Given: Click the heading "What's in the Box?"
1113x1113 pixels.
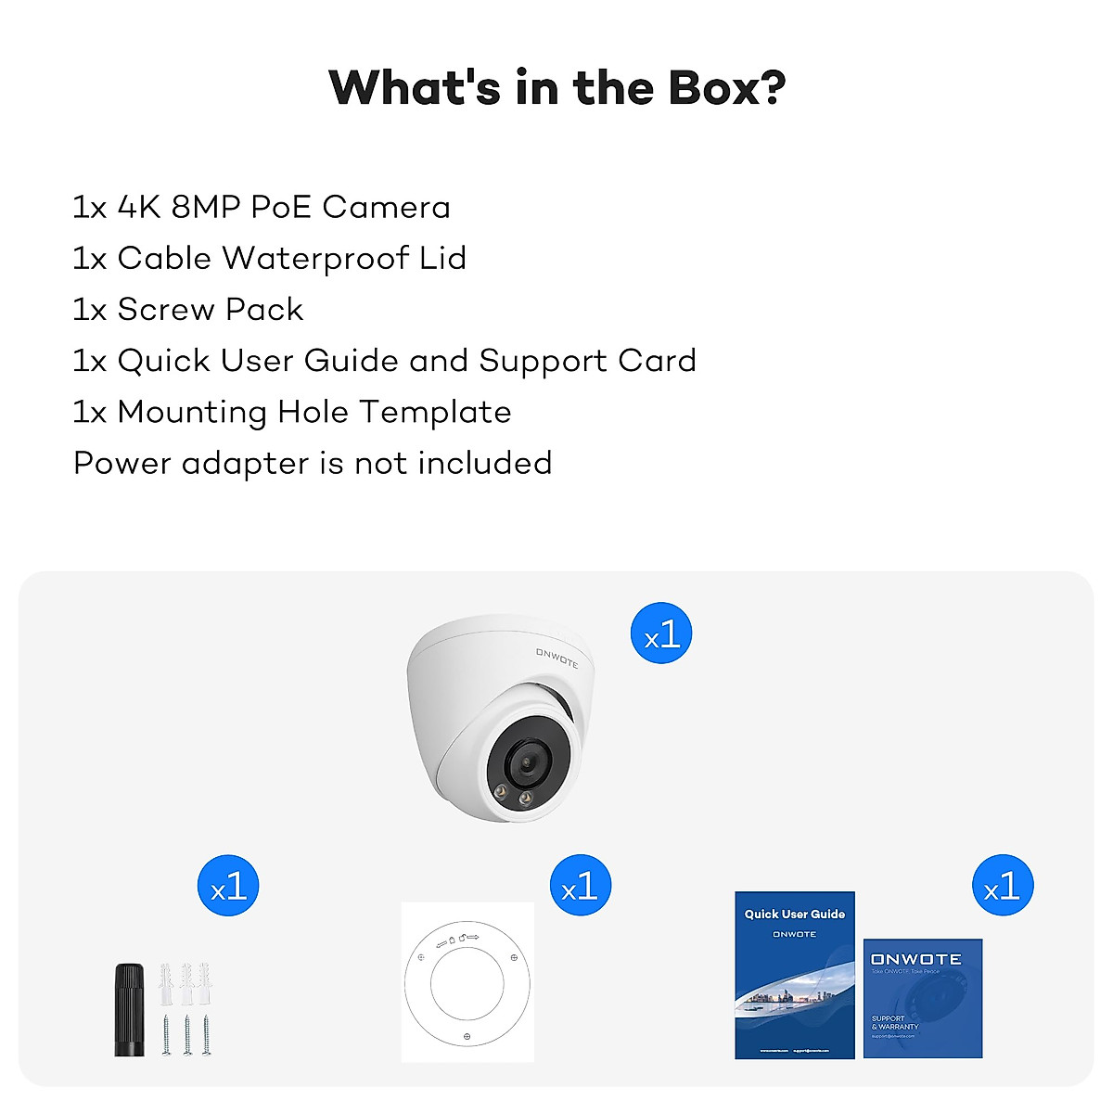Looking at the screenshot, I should [x=556, y=88].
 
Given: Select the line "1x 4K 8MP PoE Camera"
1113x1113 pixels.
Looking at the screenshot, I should [x=262, y=207].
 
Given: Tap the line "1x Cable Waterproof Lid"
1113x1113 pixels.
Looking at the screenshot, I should [x=269, y=258].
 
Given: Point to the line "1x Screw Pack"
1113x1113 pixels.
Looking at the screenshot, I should [x=188, y=309].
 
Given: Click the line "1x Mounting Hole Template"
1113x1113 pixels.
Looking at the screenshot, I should [x=292, y=412].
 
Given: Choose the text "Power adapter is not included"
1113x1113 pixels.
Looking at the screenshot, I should [x=313, y=463].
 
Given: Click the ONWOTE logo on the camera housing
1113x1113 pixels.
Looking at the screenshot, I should [x=556, y=658].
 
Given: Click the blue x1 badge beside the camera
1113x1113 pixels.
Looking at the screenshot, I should [x=661, y=634].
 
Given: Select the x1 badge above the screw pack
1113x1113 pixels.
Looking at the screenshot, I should [x=228, y=886].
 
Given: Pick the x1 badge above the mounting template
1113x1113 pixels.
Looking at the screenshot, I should [x=580, y=886].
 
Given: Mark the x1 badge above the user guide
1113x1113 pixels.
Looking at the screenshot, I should [x=1003, y=886].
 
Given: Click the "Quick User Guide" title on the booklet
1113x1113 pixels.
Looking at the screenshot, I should [x=795, y=914].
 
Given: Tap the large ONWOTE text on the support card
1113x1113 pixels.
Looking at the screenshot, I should [x=916, y=959].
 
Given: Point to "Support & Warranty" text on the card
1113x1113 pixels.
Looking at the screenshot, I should [x=894, y=1022].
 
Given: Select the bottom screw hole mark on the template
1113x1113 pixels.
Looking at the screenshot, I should [x=467, y=1036].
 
